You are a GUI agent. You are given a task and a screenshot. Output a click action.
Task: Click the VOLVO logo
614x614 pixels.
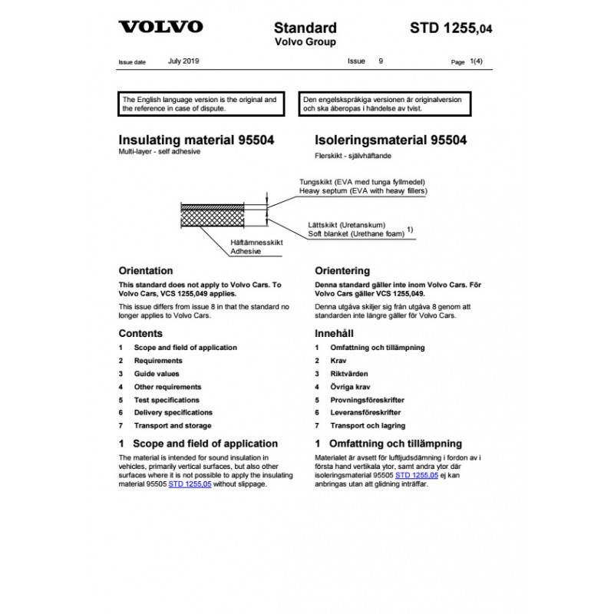point(160,27)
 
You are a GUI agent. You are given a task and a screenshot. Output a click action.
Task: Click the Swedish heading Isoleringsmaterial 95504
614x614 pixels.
point(391,140)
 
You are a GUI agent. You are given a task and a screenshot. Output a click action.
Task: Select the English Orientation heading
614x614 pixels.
point(146,271)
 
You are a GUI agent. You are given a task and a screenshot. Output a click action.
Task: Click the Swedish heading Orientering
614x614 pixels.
point(342,271)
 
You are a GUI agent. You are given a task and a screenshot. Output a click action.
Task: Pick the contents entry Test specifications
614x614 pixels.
point(167,400)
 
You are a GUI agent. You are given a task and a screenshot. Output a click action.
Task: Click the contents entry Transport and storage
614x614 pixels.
point(173,425)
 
